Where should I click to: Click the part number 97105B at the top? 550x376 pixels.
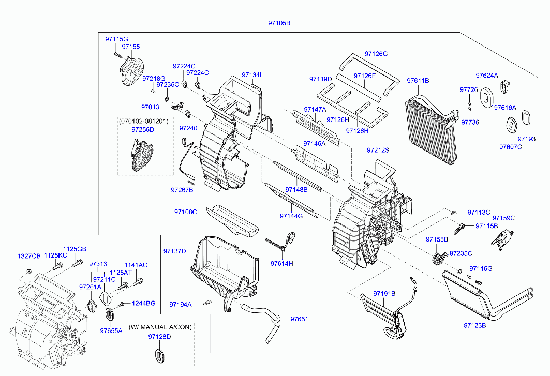point(279,23)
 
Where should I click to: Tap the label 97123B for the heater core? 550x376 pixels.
point(474,325)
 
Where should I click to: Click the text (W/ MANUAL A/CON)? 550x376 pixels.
point(160,327)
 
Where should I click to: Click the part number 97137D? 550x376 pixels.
point(175,251)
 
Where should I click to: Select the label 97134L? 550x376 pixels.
point(252,74)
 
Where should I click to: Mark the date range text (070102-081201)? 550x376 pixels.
point(143,121)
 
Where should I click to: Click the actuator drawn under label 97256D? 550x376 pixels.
point(142,155)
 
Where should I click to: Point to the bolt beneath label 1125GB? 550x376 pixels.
point(77,262)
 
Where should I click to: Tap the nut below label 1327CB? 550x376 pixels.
point(29,271)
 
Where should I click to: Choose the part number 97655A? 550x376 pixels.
point(111,330)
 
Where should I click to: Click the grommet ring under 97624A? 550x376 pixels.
point(486,97)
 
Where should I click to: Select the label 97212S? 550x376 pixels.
point(378,150)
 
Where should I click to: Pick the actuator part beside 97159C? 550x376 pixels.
point(502,238)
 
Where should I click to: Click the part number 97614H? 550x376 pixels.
point(281,263)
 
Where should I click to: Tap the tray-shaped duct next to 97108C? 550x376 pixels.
point(232,220)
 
